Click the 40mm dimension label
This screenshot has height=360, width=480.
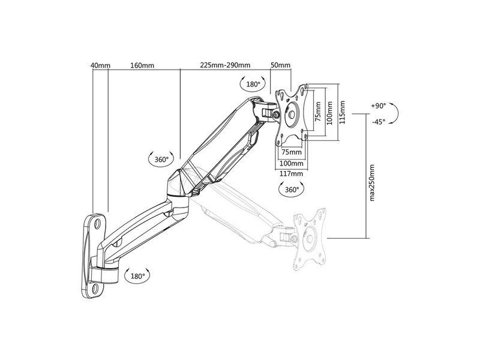click(100, 65)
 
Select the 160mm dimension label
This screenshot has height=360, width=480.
click(142, 65)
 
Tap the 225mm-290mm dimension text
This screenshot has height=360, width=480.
click(226, 65)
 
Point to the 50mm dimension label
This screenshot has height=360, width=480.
click(280, 65)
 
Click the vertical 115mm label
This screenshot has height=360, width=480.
click(342, 112)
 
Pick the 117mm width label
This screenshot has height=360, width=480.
click(292, 173)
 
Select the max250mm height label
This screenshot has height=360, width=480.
click(372, 183)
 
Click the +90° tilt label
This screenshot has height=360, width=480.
click(379, 106)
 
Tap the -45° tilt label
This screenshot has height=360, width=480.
click(379, 122)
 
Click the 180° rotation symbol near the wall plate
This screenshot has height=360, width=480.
click(137, 276)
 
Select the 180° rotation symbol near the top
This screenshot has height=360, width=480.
click(253, 84)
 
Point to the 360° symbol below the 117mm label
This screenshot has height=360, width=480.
click(292, 190)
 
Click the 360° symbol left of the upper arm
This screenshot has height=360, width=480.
click(161, 159)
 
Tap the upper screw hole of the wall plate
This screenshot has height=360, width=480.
click(98, 223)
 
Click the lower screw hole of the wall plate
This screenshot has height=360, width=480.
click(95, 288)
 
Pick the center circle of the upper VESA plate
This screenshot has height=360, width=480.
click(292, 115)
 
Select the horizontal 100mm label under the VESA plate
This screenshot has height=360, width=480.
click(292, 163)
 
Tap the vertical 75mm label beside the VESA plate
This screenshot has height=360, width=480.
click(319, 112)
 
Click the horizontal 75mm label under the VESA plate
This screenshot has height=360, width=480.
click(292, 152)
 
